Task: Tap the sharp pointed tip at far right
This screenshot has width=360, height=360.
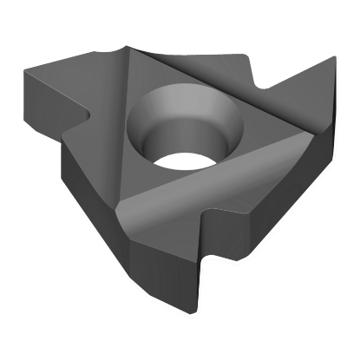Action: click(x=333, y=58)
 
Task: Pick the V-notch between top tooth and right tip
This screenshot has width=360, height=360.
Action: click(x=264, y=89)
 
